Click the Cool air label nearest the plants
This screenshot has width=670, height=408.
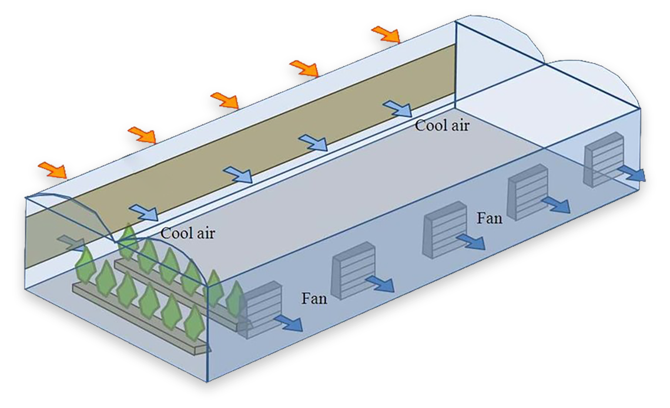pos(188,233)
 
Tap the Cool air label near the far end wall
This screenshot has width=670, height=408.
pos(442,125)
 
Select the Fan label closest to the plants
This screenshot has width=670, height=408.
pos(314,298)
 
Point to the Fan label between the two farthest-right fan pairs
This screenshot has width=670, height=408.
pos(489,218)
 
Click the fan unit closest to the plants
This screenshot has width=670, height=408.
pos(261,308)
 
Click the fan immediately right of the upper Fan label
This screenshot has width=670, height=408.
pos(527,191)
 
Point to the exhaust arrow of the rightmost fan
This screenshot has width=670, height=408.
pos(634,173)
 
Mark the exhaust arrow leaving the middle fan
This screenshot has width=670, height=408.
pos(472,241)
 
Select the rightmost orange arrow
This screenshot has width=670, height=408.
pos(386,34)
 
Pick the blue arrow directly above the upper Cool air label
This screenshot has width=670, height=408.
pos(398,108)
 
